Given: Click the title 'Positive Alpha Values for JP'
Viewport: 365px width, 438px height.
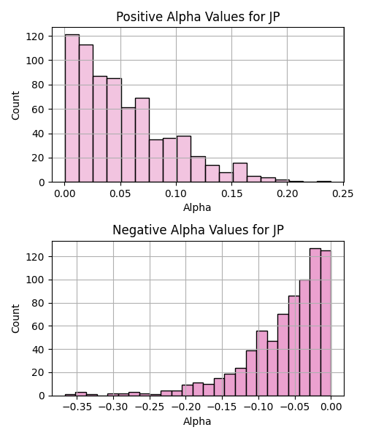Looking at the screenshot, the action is coord(198,17).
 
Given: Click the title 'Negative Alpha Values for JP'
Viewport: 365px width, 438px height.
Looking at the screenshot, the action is coord(198,230).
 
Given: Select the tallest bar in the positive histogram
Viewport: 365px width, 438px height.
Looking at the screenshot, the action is coord(72,108).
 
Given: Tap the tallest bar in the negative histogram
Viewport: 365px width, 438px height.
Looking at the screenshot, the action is coord(315,322).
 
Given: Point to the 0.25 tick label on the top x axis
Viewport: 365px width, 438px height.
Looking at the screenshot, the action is coord(342,193).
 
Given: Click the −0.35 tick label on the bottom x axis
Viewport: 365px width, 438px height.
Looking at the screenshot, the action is coord(77,407).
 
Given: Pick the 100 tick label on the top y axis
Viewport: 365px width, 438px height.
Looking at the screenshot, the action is coord(35,61).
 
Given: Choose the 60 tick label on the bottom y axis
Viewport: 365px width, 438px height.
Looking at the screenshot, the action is coord(38,326).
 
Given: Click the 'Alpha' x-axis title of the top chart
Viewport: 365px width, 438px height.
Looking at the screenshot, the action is coord(197,207).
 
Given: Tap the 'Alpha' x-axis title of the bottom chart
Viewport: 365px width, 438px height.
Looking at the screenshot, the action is coord(197,421).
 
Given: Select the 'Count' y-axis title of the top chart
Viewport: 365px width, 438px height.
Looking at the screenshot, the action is coord(15,106).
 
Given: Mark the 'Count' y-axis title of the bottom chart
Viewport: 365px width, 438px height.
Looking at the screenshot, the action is coord(15,319).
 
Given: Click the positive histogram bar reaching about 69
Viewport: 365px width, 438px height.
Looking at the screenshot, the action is coord(142,140).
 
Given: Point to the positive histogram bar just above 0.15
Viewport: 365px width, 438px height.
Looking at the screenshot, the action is coord(240,172).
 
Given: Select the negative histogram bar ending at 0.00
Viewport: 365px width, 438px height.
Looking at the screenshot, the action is coord(326,323).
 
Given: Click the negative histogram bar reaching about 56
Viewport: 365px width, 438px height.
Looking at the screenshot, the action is coord(262,364).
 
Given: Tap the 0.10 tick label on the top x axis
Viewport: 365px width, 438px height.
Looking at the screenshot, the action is coord(176,193).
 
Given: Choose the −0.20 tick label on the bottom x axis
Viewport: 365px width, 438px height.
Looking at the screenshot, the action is coord(186,407).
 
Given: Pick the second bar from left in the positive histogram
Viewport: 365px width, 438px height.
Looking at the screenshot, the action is coord(86,113).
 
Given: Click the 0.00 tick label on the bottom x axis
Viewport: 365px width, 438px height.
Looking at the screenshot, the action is coord(331,407).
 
